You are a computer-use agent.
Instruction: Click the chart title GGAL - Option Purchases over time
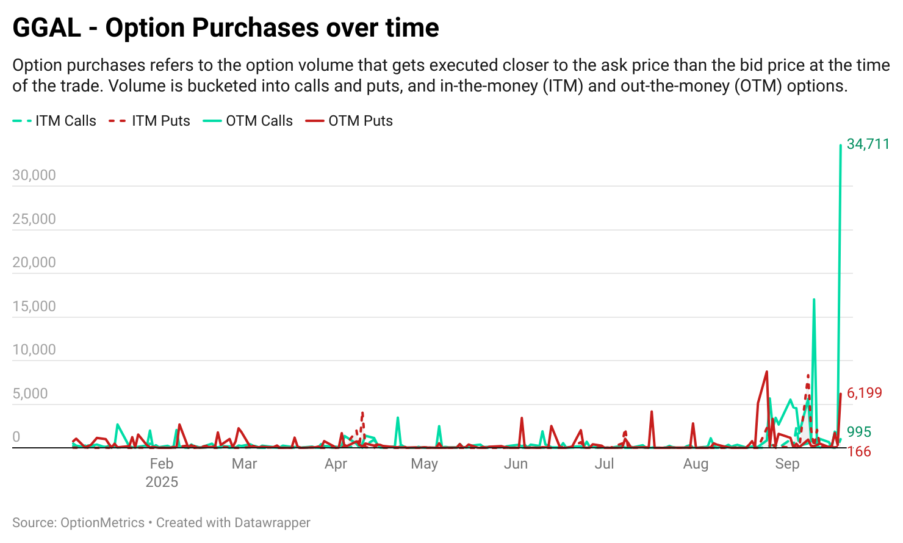(x=226, y=28)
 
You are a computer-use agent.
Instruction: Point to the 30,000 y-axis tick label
(x=34, y=175)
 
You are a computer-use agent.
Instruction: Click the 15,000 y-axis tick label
(x=34, y=306)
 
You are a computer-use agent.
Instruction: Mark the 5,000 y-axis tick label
(x=31, y=394)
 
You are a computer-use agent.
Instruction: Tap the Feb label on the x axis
(x=162, y=464)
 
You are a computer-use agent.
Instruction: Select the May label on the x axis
(x=424, y=464)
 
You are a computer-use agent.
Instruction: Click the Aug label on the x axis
(x=696, y=464)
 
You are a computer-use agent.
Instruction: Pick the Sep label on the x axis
(x=787, y=464)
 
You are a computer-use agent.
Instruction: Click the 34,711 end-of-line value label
(x=868, y=144)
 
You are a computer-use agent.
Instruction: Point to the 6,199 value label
(x=865, y=393)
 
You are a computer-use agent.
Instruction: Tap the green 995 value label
(x=859, y=432)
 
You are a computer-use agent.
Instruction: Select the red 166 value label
(x=859, y=451)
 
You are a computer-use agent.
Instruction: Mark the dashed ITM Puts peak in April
(x=362, y=414)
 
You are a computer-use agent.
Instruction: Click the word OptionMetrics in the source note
(x=103, y=523)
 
